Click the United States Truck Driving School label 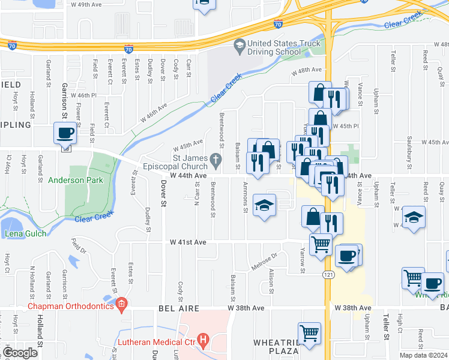pos(274,47)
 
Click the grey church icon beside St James pos(220,158)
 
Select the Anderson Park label pos(76,180)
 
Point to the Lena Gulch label pos(25,233)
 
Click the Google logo pos(20,353)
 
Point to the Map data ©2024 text pos(423,355)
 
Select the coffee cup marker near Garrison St pos(65,133)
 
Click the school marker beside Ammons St pos(264,206)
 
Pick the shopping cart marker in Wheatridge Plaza pos(309,334)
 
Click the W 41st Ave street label pos(188,242)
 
